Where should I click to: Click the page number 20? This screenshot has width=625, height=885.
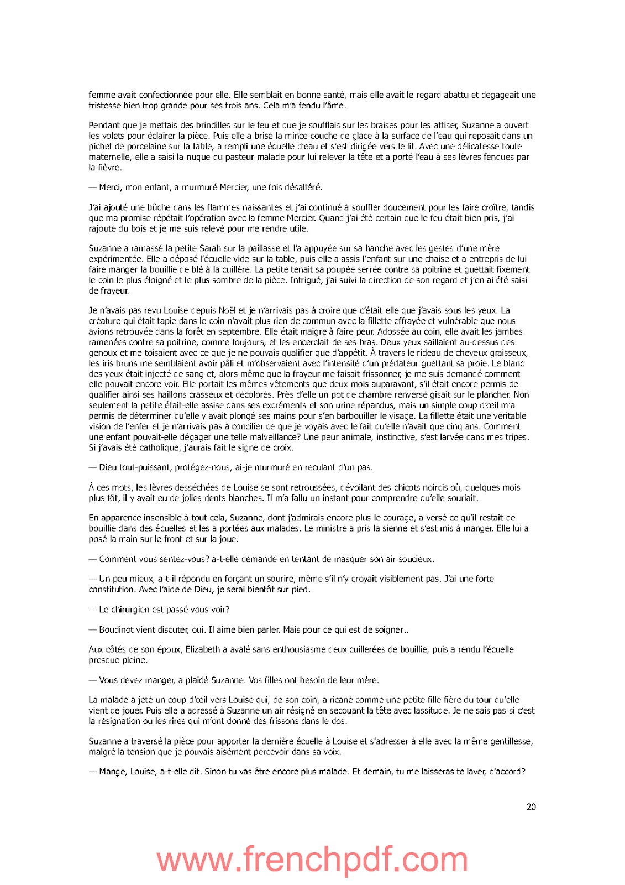(531, 806)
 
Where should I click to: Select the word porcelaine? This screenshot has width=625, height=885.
(138, 147)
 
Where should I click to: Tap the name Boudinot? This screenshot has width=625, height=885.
(117, 629)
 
